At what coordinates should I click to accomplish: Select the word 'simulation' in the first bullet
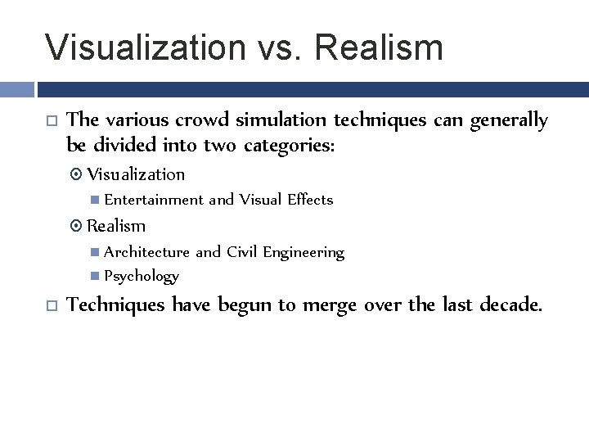282,120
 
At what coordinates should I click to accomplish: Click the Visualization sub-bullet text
136,174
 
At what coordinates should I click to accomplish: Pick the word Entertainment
154,200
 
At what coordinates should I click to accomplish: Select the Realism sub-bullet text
116,226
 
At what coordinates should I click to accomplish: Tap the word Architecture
146,252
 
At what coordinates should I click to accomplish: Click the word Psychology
142,277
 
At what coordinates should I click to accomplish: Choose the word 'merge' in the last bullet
330,305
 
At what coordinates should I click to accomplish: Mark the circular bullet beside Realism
79,227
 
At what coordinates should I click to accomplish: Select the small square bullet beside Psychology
97,277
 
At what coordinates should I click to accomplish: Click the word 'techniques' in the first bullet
380,120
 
